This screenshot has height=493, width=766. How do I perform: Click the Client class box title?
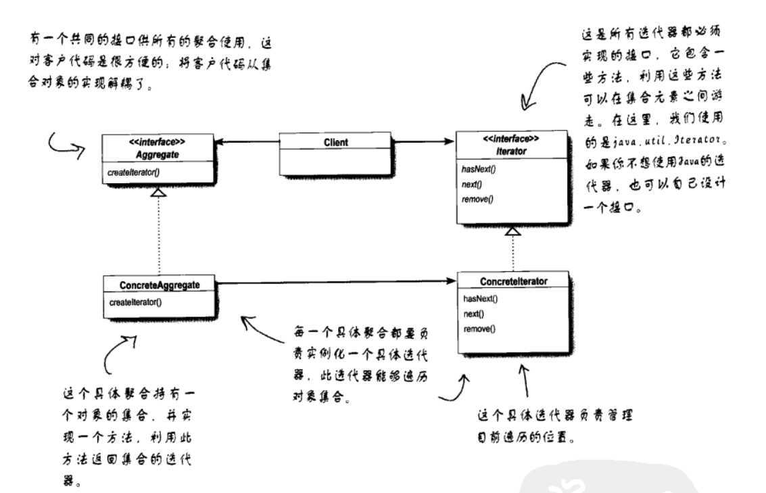click(336, 143)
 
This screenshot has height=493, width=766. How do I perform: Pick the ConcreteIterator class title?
click(513, 281)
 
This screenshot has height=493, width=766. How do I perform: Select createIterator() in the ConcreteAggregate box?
click(135, 302)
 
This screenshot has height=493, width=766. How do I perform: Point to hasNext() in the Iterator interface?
click(479, 169)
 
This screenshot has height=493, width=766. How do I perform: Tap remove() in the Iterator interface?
click(478, 199)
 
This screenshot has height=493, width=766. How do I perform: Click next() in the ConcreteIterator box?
click(474, 314)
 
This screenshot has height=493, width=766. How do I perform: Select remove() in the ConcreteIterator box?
click(479, 329)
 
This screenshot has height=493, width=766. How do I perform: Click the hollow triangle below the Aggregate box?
click(157, 193)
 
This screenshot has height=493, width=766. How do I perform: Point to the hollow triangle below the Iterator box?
click(514, 231)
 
